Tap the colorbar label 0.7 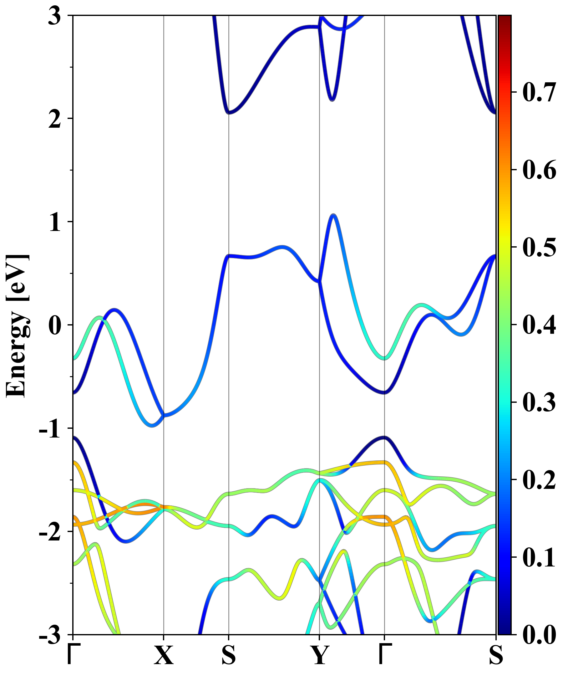click(539, 93)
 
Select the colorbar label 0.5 click(539, 248)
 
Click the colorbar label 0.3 click(539, 402)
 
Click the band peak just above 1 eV click(333, 215)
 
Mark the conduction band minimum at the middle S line click(229, 113)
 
